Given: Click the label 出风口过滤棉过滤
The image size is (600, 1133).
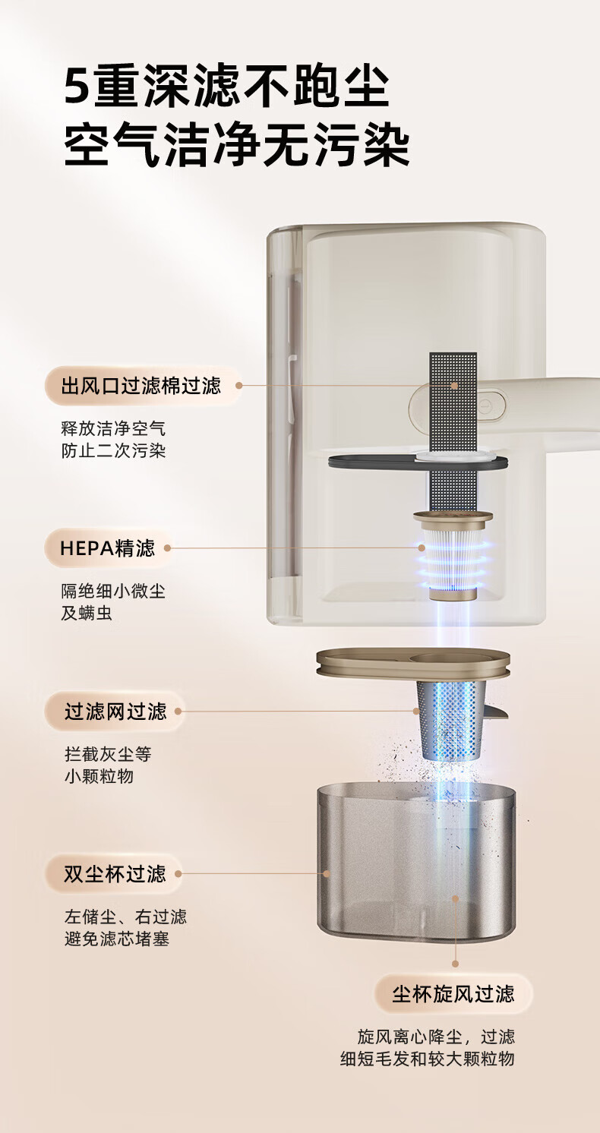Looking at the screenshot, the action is coord(141,386).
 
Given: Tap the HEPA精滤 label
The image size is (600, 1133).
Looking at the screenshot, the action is coord(107,548).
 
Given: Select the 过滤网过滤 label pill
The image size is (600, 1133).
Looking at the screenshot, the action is coord(115,712).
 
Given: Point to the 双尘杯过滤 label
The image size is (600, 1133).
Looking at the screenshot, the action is coord(115,873).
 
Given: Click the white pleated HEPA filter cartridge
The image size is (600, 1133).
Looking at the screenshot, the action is coord(453,561).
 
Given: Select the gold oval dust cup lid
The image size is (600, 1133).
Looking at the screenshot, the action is coord(413,663).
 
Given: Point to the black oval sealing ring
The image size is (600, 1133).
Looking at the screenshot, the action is coord(418,462).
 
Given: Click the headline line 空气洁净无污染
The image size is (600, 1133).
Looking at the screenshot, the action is coord(237,144).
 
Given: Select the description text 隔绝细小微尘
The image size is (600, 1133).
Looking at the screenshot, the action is coord(113,591).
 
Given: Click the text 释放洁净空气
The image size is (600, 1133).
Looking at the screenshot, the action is coord(113,428).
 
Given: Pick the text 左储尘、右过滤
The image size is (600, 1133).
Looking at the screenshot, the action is coord(125,917).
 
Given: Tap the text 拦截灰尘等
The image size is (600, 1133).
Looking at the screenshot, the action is coord(108,754).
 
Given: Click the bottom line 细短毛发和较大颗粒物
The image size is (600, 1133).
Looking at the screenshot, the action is coord(427,1059).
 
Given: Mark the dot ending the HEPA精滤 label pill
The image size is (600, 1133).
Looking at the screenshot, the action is coord(167,548).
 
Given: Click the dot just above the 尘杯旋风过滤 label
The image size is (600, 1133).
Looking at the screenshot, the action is coord(455,964).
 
